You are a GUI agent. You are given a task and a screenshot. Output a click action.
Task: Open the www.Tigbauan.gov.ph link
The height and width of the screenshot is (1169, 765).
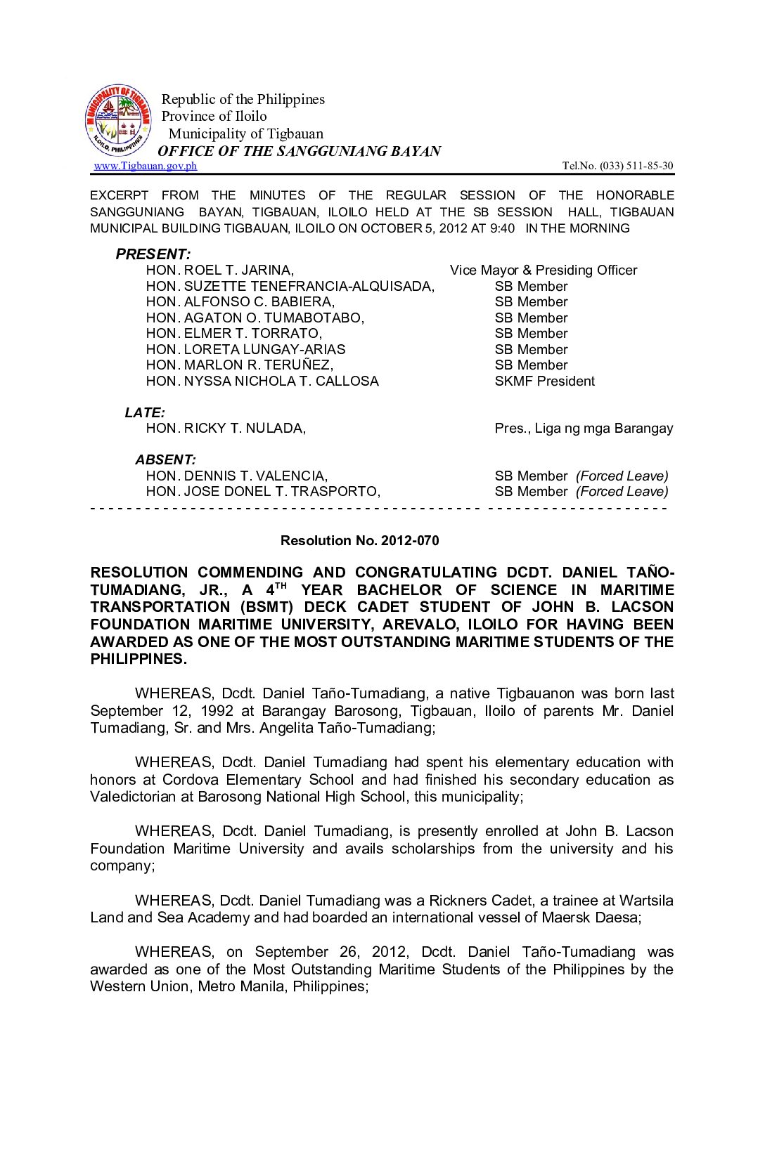tap(146, 166)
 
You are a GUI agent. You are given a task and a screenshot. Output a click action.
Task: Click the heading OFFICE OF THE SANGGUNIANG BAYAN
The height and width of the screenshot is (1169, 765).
tap(299, 151)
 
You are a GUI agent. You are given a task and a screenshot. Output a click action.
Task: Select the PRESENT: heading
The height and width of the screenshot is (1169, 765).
tap(153, 254)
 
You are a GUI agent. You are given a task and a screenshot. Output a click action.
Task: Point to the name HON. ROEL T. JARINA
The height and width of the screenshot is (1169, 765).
tap(220, 270)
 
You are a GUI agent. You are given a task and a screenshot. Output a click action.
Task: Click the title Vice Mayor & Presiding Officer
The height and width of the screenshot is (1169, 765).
tap(544, 270)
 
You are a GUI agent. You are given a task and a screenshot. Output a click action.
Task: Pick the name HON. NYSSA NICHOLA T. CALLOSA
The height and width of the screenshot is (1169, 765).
tap(262, 381)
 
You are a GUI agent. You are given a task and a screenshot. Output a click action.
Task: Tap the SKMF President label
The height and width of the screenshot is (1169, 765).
tap(544, 381)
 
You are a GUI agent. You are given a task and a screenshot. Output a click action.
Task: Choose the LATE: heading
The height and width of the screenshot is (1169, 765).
tap(145, 412)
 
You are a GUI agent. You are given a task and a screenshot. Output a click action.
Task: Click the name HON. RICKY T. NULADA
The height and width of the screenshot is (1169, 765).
tap(226, 429)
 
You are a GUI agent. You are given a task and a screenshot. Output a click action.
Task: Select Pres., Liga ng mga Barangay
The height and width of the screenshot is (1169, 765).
tap(584, 429)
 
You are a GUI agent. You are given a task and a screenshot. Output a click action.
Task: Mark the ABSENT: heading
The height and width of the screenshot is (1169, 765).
tap(166, 460)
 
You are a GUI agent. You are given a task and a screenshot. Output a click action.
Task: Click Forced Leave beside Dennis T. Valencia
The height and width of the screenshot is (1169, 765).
tap(622, 476)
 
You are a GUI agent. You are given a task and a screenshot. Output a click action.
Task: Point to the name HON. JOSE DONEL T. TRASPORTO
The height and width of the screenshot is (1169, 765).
tap(263, 492)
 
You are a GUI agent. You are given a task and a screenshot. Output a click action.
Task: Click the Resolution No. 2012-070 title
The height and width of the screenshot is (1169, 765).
tap(359, 540)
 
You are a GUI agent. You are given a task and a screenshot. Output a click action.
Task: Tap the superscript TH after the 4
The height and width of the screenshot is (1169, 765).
tap(281, 585)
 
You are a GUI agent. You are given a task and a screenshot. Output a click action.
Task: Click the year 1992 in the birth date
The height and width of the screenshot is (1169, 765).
tap(217, 711)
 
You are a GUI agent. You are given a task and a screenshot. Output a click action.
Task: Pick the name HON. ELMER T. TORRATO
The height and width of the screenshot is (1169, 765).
tap(233, 334)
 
